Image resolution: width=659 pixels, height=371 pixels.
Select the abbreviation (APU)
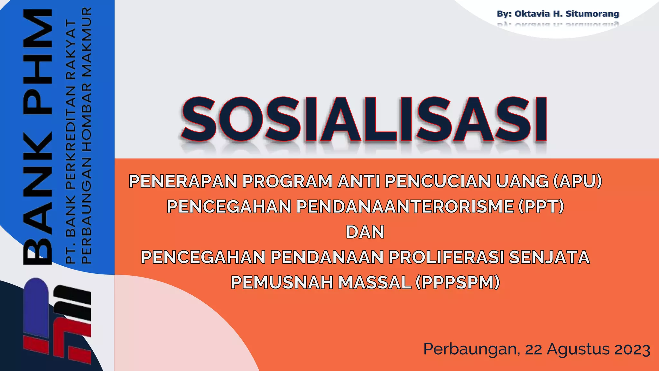(x=577, y=181)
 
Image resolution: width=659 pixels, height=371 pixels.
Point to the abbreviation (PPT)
(x=541, y=206)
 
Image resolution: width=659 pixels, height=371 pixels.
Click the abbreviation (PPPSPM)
(x=458, y=282)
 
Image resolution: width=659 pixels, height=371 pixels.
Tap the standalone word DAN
(x=365, y=232)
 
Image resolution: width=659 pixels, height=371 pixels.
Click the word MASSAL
(x=375, y=282)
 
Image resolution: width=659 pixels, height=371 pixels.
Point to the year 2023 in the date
(x=632, y=349)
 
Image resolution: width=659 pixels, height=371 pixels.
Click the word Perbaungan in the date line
(x=471, y=349)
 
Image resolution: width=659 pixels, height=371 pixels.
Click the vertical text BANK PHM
(x=38, y=137)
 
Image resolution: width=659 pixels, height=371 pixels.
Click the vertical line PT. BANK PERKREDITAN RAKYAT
(x=70, y=142)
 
